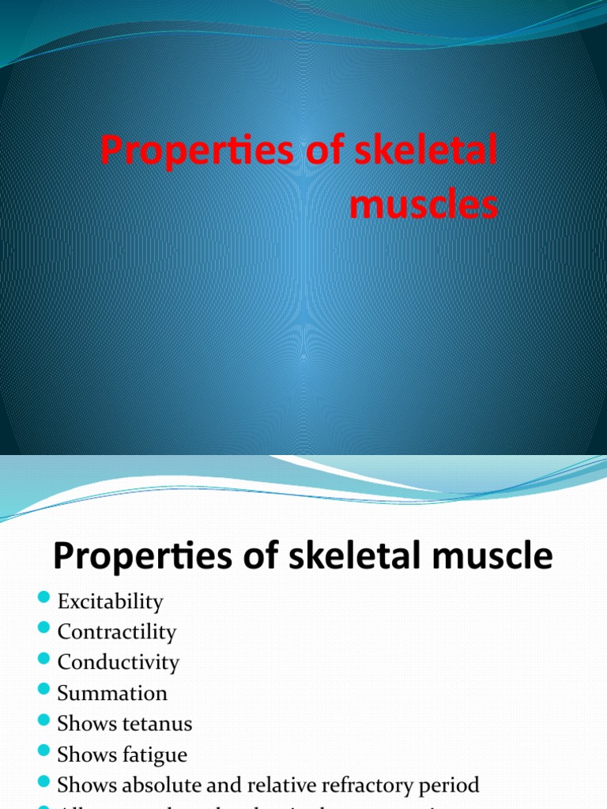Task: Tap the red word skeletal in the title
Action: [426, 151]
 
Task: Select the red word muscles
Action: [424, 204]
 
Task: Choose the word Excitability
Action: [110, 602]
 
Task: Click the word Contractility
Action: [116, 632]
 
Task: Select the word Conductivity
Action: [118, 663]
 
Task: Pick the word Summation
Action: [112, 694]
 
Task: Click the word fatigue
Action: [154, 754]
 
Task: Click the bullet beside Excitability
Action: [43, 598]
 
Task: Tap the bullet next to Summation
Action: [43, 690]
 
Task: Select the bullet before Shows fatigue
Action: [43, 751]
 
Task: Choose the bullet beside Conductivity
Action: [43, 659]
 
